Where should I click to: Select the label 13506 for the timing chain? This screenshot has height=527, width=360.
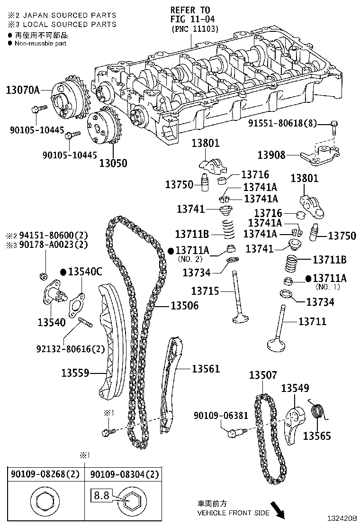click(x=183, y=307)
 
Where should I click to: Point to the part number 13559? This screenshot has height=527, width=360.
click(x=75, y=373)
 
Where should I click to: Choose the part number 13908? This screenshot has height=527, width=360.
click(x=272, y=155)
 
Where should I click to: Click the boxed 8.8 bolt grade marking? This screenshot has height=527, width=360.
click(x=100, y=496)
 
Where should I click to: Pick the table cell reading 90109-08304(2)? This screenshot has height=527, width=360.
click(x=124, y=474)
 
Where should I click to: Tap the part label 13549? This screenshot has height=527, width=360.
click(x=295, y=388)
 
